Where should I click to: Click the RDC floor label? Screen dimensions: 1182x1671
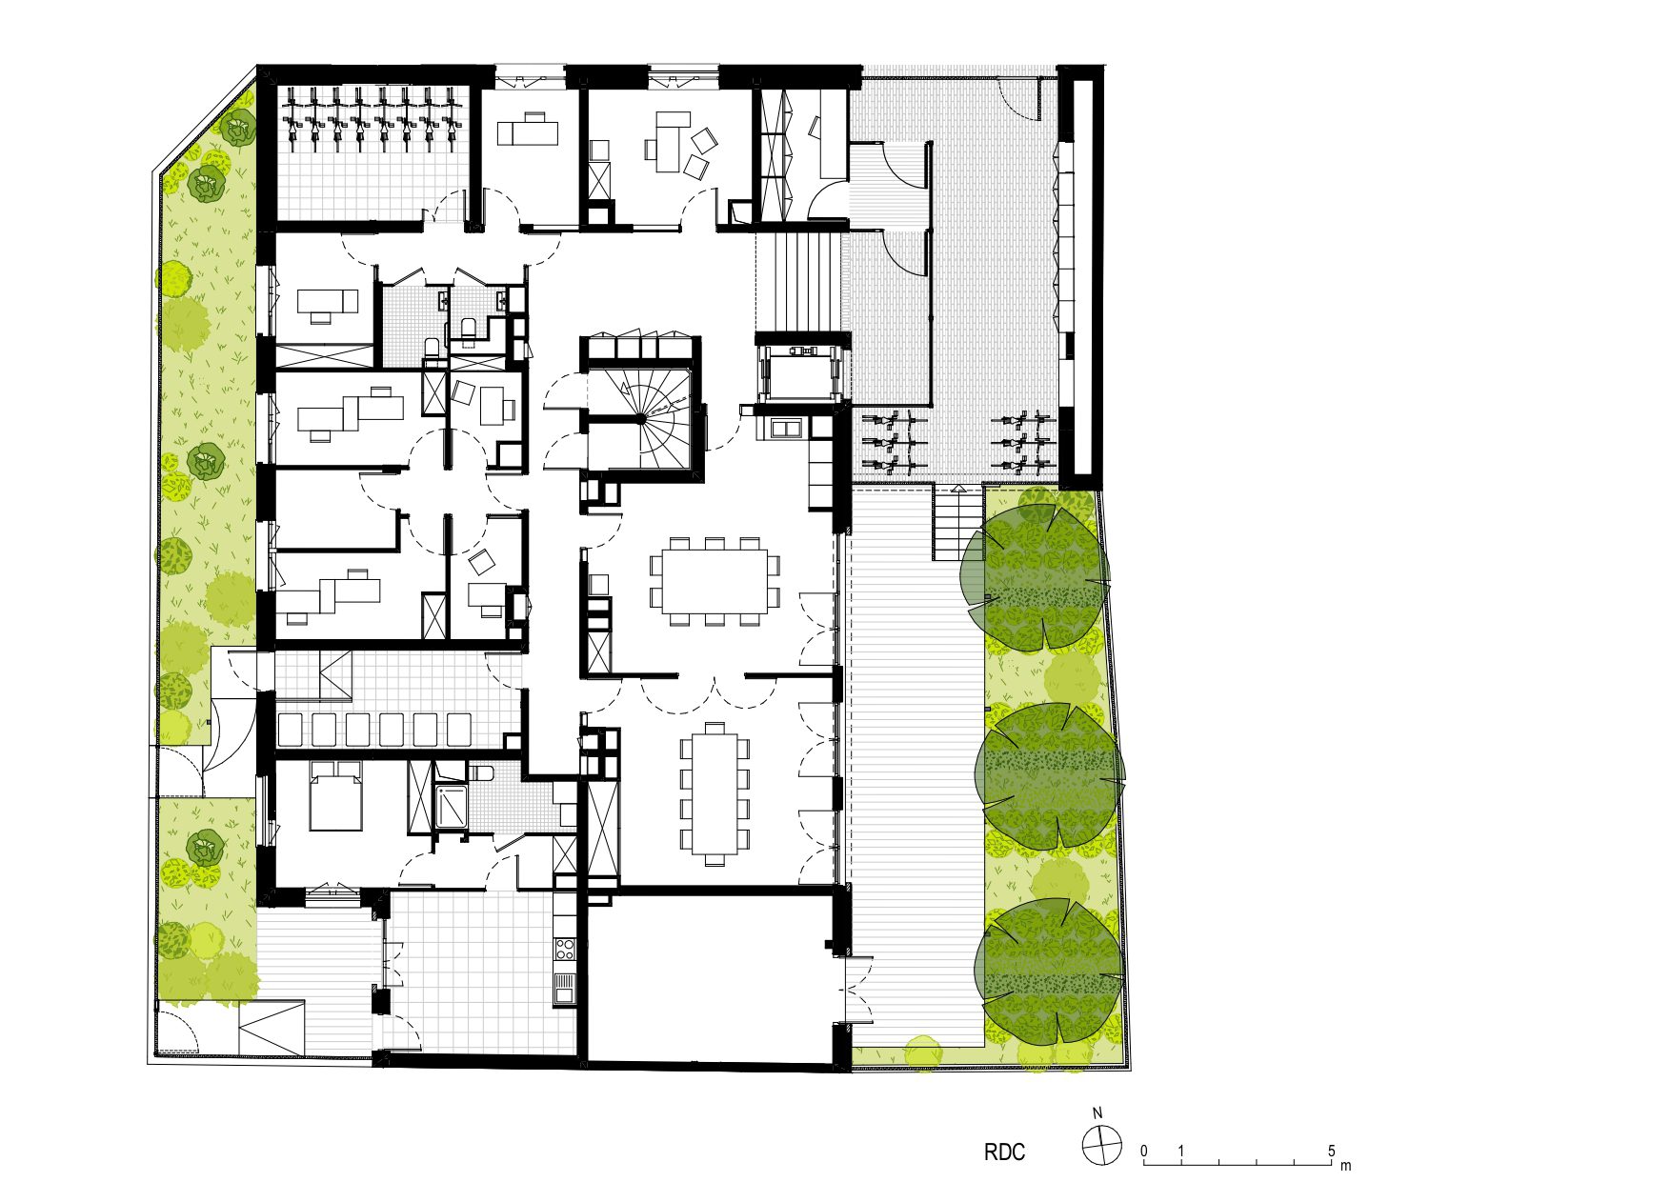[x=1004, y=1152]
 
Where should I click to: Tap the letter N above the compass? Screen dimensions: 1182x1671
[x=1097, y=1113]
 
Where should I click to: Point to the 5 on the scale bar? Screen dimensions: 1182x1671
[x=1332, y=1151]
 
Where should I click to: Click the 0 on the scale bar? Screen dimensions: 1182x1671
[x=1144, y=1151]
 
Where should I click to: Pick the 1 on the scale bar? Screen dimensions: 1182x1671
[x=1181, y=1151]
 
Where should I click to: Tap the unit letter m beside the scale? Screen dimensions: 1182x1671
[x=1345, y=1165]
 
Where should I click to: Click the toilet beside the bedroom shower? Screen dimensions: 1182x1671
[x=479, y=771]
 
